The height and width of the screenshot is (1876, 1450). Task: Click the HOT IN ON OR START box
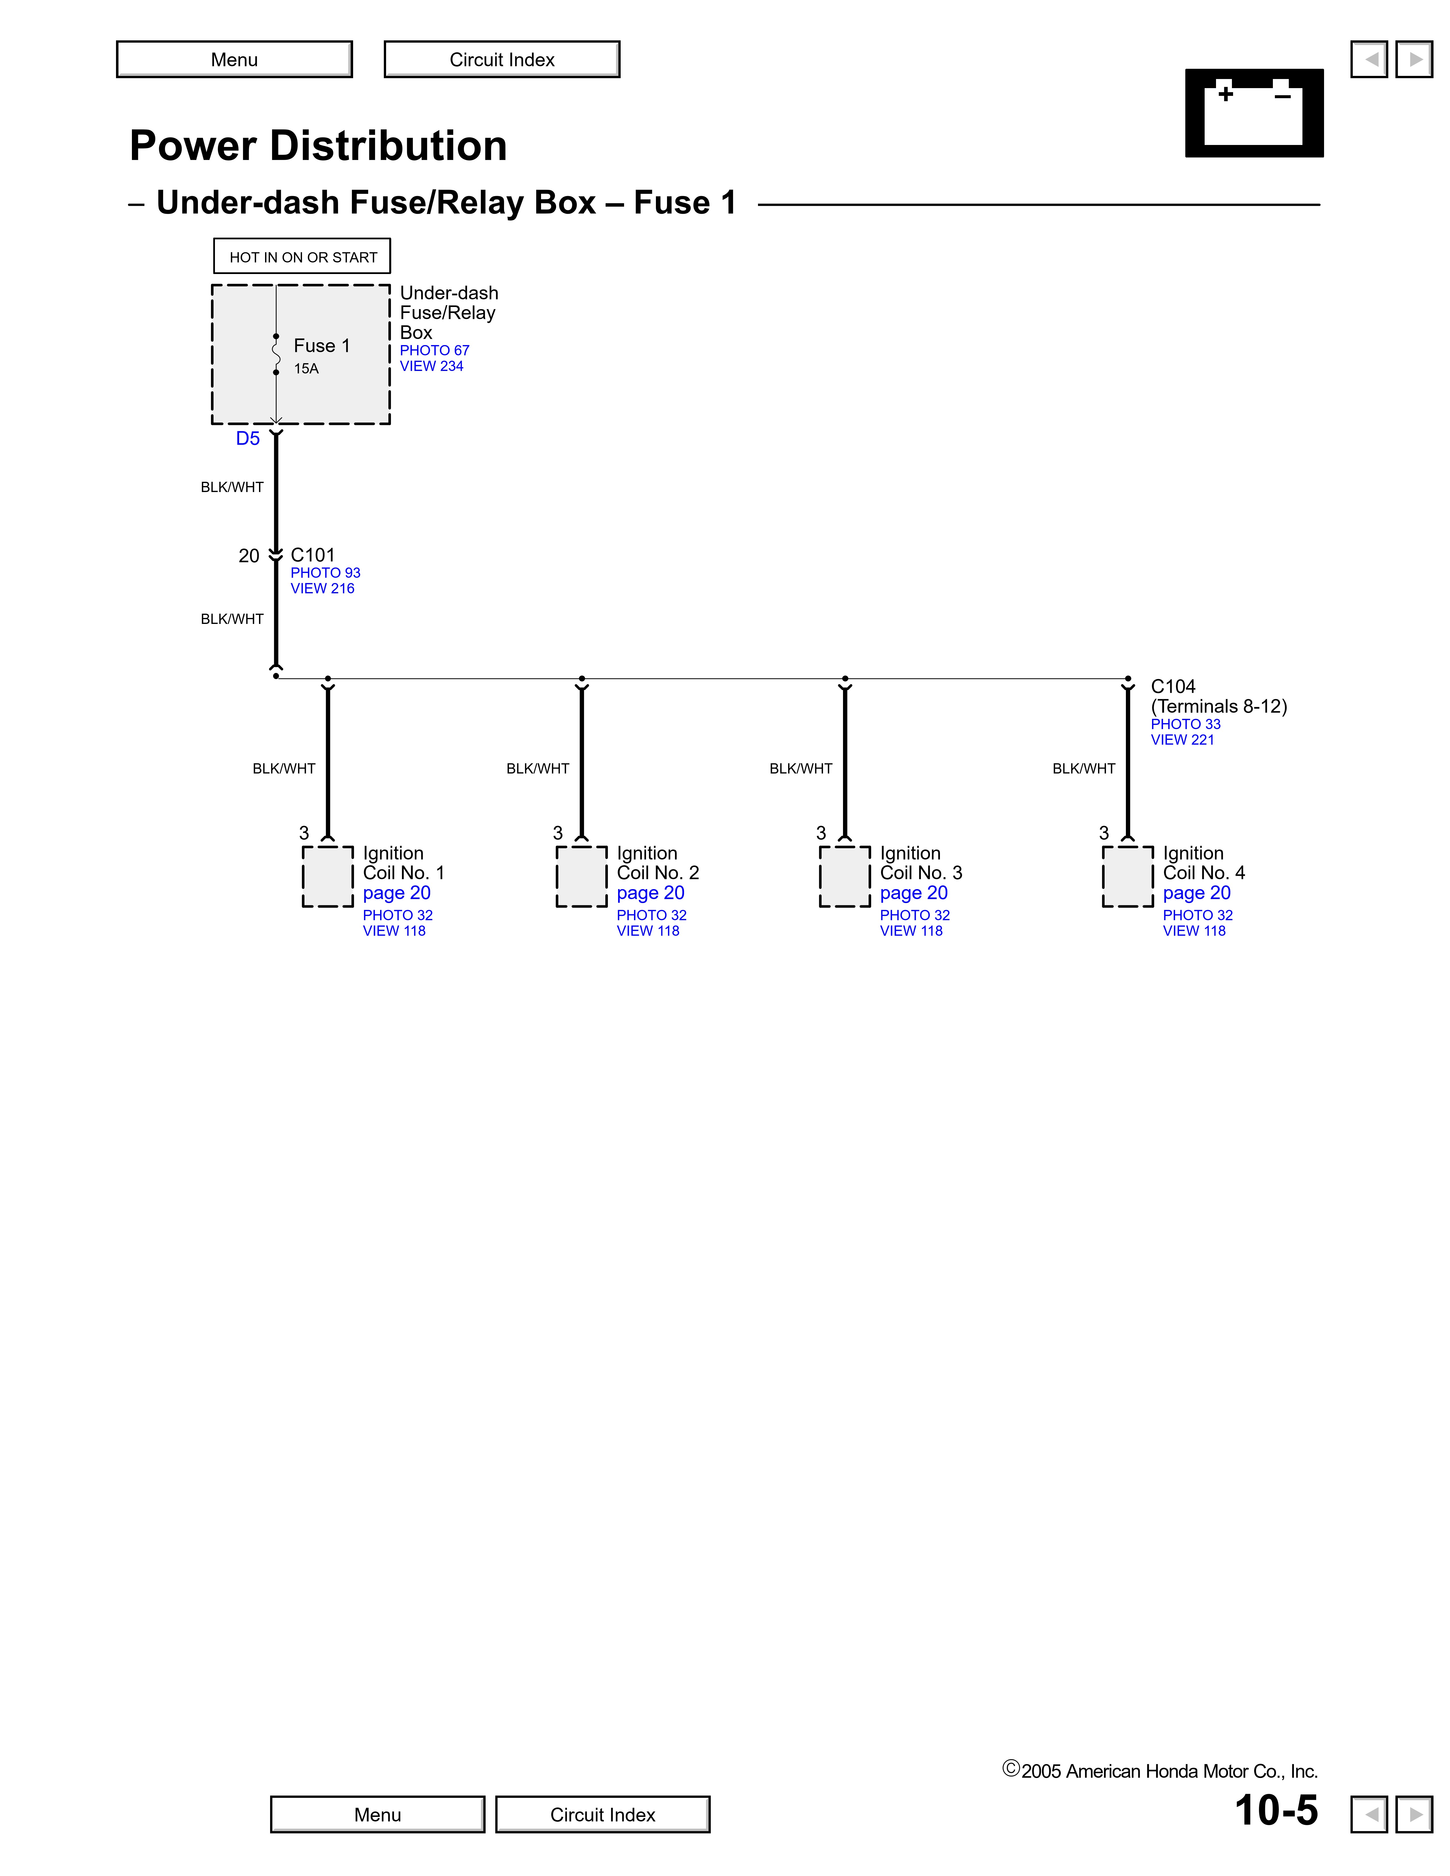tap(303, 257)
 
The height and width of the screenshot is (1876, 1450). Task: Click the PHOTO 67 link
tap(435, 350)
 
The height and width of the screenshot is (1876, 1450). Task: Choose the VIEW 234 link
tap(431, 366)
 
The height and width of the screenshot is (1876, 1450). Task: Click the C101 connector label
tap(313, 555)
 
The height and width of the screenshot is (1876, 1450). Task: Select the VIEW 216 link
tap(322, 588)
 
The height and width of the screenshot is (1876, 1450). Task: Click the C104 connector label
tap(1173, 686)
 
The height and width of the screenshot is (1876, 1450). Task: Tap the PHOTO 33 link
tap(1185, 724)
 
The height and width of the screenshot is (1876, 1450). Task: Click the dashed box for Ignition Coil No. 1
tap(327, 876)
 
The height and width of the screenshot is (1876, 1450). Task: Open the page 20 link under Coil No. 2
tap(650, 893)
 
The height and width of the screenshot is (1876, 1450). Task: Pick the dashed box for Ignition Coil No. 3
tap(844, 876)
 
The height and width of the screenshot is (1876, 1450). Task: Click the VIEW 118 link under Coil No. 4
tap(1194, 931)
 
